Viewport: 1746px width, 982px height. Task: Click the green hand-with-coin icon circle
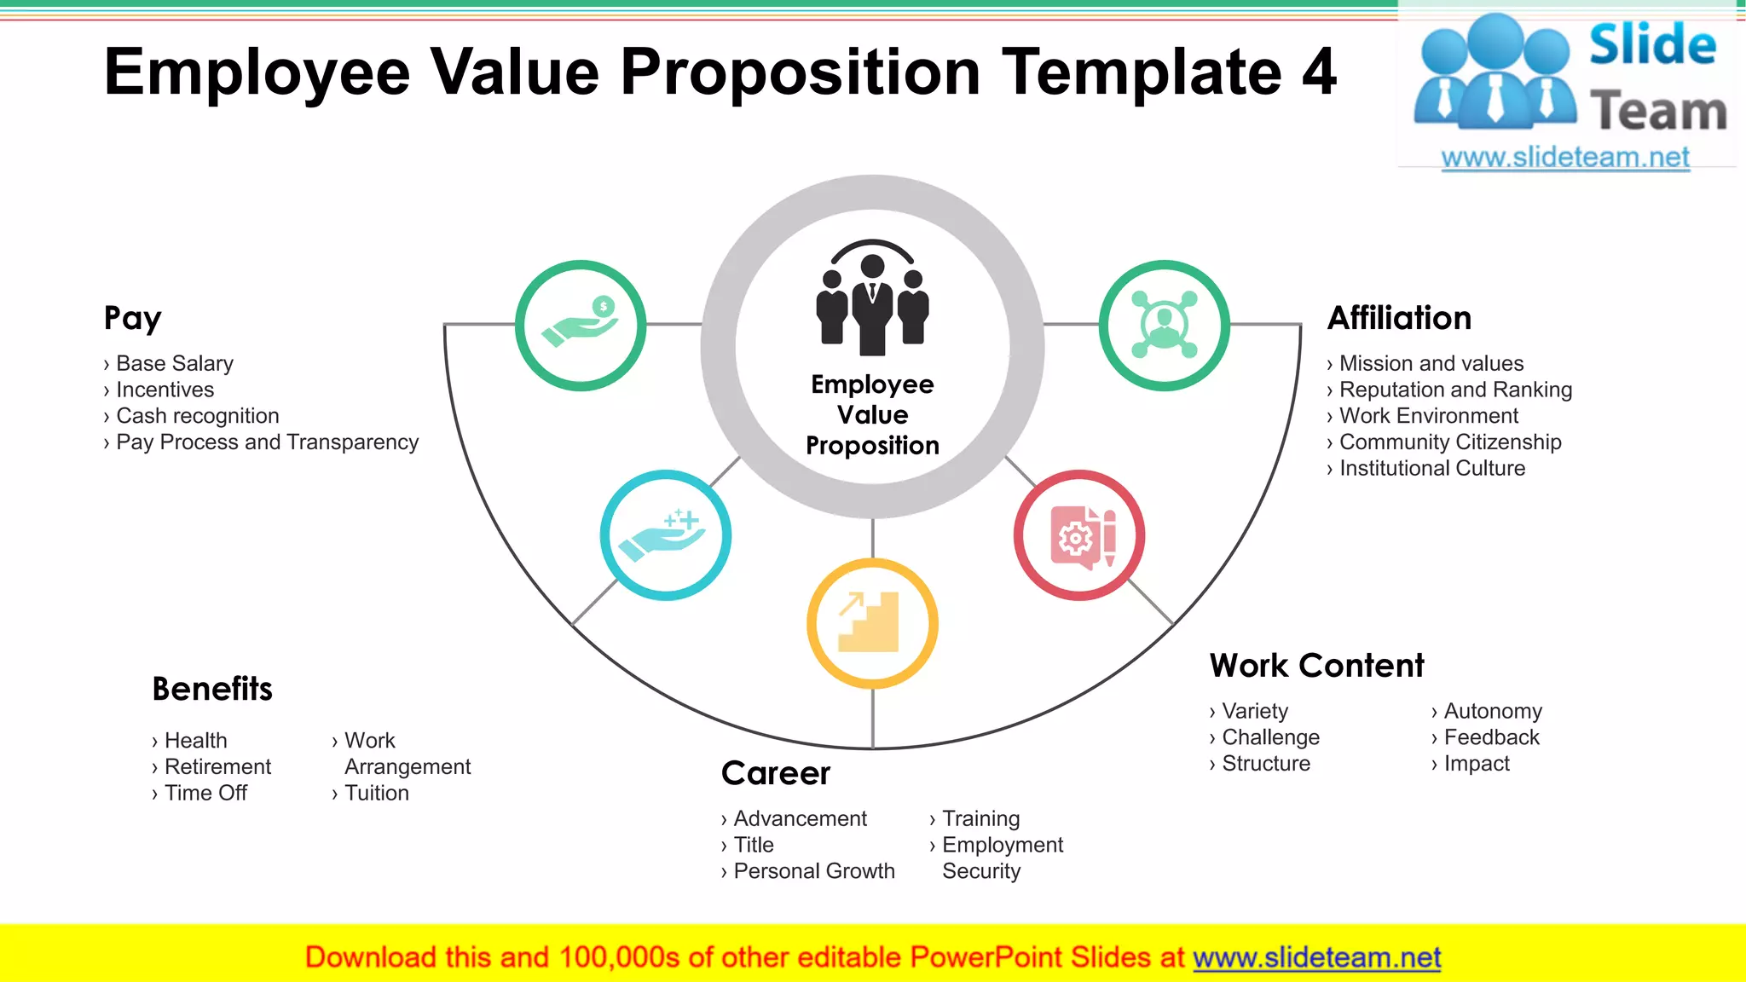click(x=581, y=326)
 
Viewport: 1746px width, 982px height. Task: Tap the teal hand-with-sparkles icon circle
click(x=665, y=535)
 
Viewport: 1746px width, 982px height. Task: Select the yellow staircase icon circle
click(x=872, y=623)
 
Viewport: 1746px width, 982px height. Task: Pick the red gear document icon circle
click(x=1079, y=535)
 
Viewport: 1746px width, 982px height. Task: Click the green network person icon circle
click(x=1164, y=326)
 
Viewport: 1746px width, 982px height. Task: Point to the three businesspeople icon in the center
click(x=872, y=298)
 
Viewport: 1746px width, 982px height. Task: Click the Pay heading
click(x=132, y=319)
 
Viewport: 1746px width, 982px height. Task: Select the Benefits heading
click(x=212, y=689)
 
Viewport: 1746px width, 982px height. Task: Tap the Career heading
click(x=775, y=773)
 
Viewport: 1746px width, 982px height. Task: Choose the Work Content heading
click(x=1316, y=666)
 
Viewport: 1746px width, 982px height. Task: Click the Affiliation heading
click(x=1399, y=318)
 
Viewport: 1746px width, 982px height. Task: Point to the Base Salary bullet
click(x=174, y=364)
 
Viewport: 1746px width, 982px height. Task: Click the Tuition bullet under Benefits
click(x=376, y=794)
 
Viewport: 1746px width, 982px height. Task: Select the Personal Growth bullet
click(x=813, y=871)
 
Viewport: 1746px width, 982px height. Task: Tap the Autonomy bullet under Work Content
click(x=1492, y=711)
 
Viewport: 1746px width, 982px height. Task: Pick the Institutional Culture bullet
click(x=1431, y=469)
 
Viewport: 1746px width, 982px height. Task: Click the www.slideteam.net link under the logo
click(x=1565, y=158)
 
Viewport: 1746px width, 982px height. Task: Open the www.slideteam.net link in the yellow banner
click(x=1316, y=957)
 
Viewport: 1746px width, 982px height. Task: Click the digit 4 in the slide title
click(x=1319, y=72)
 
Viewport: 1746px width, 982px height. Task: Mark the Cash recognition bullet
click(x=197, y=416)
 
